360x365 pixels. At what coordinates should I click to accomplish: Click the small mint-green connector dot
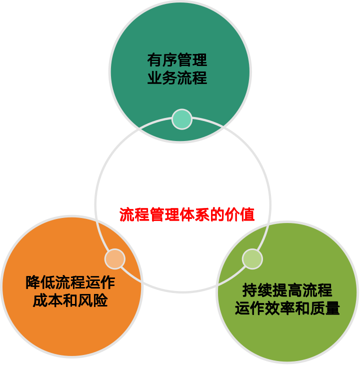(181, 119)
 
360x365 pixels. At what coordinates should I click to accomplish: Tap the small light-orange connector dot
(114, 258)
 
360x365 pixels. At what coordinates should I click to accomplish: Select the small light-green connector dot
(252, 258)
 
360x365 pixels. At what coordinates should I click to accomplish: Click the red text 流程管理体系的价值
(187, 214)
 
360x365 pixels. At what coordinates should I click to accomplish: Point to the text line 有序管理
(177, 60)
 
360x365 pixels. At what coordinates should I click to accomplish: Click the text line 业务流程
(177, 78)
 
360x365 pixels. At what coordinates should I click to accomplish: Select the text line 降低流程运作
(70, 282)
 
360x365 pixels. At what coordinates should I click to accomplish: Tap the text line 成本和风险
(70, 300)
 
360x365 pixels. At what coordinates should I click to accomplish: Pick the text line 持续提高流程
(287, 290)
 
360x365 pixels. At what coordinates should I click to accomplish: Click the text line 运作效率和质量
(287, 308)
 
